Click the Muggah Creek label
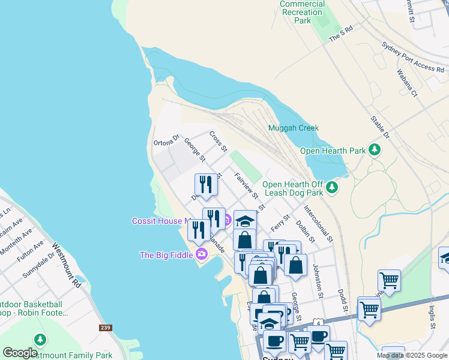pos(293,128)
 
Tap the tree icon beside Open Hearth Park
pos(375,149)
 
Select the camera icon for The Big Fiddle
pos(201,254)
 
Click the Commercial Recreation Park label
pos(303,12)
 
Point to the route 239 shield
pos(106,328)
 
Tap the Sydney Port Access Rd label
pos(412,57)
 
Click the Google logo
pos(20,353)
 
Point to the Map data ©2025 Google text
pos(411,355)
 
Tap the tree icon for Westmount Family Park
pos(40,340)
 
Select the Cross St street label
pos(218,141)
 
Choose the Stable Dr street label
pos(381,127)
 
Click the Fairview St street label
pos(246,185)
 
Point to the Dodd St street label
pos(343,302)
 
